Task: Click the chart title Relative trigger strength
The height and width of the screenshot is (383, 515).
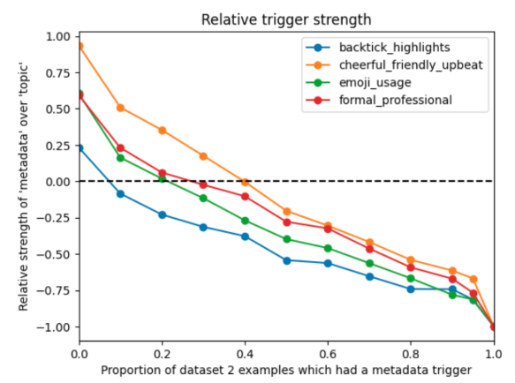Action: (286, 19)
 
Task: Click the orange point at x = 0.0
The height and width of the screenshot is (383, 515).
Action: (80, 46)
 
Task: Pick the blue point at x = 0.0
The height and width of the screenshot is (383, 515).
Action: (80, 148)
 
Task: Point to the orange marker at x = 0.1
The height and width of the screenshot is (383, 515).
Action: (121, 108)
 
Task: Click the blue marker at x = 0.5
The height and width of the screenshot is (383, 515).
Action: (286, 260)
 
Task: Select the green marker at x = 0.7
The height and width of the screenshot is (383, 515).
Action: (369, 263)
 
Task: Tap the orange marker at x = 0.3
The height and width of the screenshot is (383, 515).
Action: (203, 156)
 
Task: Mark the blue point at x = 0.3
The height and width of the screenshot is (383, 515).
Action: (203, 227)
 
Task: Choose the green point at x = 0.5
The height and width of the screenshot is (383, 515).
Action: (286, 239)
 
